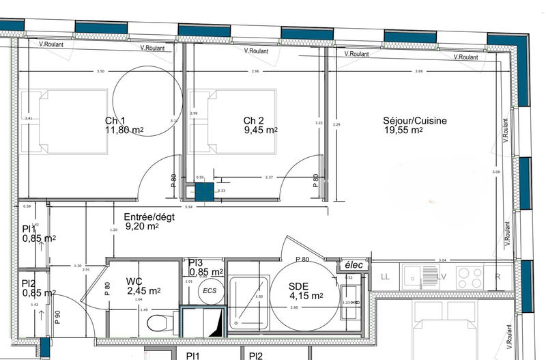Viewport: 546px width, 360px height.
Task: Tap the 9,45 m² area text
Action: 261,130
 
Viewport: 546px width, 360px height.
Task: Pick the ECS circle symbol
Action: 210,290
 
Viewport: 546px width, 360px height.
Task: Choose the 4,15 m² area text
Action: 307,296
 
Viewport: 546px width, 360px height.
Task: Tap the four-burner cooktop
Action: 469,277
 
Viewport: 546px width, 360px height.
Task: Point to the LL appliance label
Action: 385,277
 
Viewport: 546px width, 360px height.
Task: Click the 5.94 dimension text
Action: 190,206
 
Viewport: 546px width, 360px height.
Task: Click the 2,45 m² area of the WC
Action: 143,290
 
